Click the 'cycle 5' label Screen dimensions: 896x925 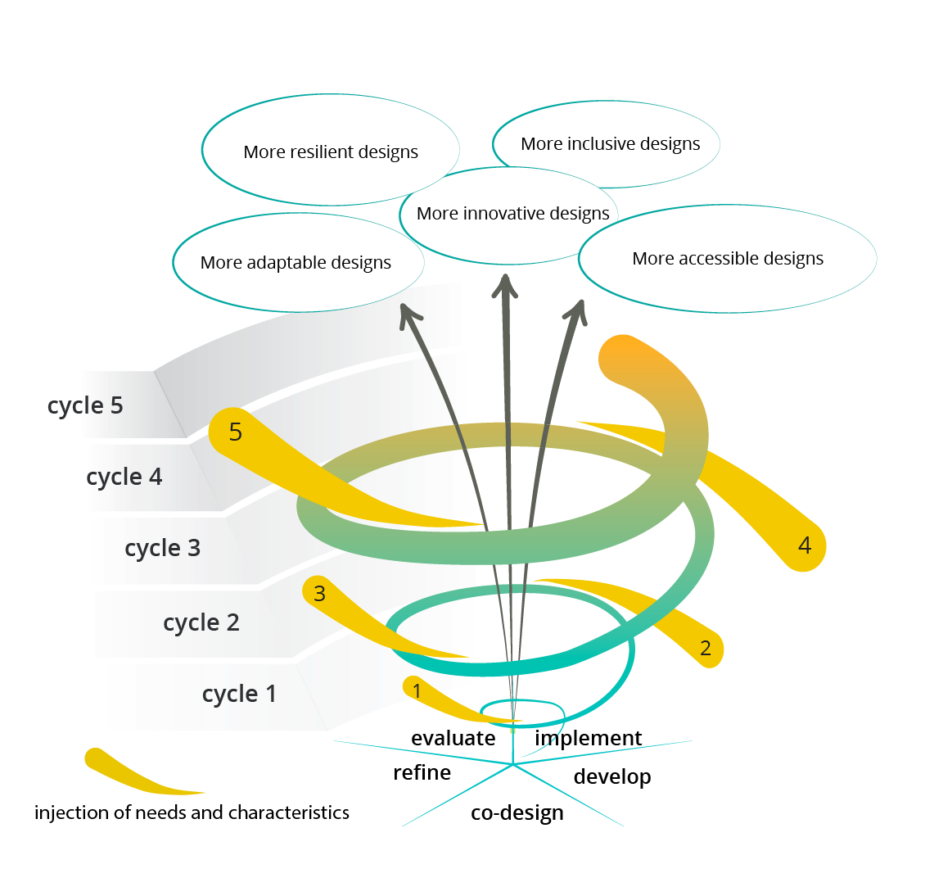(85, 405)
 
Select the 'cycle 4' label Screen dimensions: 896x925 (124, 477)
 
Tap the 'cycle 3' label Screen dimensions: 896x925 (162, 548)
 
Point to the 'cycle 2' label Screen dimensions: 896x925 (201, 622)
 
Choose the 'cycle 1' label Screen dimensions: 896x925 (239, 694)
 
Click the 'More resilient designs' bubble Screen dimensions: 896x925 (331, 152)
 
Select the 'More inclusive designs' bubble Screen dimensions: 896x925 (610, 144)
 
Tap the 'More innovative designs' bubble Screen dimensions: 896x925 (512, 214)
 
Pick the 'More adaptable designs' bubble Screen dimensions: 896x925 (296, 263)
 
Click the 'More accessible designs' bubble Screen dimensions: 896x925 (728, 259)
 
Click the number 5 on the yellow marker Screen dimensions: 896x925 (236, 432)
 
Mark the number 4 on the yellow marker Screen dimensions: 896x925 (805, 545)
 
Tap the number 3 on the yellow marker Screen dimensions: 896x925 (319, 593)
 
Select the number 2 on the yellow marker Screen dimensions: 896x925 (706, 649)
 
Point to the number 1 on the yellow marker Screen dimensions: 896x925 (417, 690)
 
